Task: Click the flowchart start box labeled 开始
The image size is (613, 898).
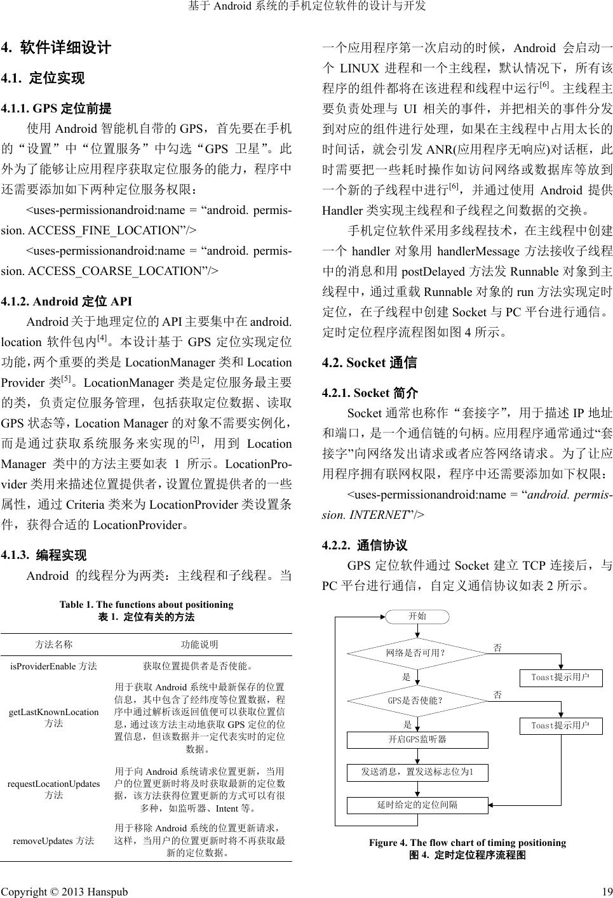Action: click(x=417, y=616)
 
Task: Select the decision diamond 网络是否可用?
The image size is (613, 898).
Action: click(x=416, y=653)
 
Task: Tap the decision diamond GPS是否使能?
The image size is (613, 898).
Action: click(x=416, y=700)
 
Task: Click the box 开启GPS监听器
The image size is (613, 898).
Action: click(x=417, y=740)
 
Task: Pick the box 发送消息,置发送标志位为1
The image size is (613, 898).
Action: click(x=417, y=772)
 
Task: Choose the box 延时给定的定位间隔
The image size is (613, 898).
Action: click(x=417, y=805)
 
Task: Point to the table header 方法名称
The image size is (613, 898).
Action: click(x=54, y=645)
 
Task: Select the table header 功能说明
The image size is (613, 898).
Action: click(x=199, y=645)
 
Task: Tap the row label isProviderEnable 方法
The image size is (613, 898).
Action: click(x=54, y=666)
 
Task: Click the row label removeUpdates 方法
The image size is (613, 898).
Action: click(x=54, y=841)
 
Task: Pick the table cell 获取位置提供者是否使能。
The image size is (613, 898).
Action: click(x=199, y=666)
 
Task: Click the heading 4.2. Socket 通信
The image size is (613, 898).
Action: click(x=370, y=363)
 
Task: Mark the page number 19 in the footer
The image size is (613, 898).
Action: click(x=606, y=891)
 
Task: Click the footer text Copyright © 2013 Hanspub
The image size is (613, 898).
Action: click(x=64, y=891)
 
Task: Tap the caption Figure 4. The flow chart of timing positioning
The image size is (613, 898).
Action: click(x=468, y=843)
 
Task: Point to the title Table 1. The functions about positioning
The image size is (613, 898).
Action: click(x=146, y=605)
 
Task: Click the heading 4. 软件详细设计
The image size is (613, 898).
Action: click(x=57, y=48)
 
